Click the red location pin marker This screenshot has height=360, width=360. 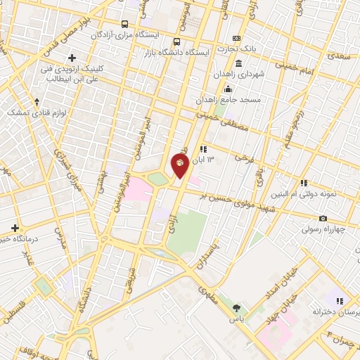coord(181,165)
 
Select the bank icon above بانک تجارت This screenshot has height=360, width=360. coord(236,38)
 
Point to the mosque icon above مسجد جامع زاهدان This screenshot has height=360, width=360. coord(228,89)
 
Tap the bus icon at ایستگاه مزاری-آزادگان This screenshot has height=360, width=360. coord(124,22)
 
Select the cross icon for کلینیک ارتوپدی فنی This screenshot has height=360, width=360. coord(72,57)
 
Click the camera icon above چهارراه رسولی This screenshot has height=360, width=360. coord(323,219)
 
